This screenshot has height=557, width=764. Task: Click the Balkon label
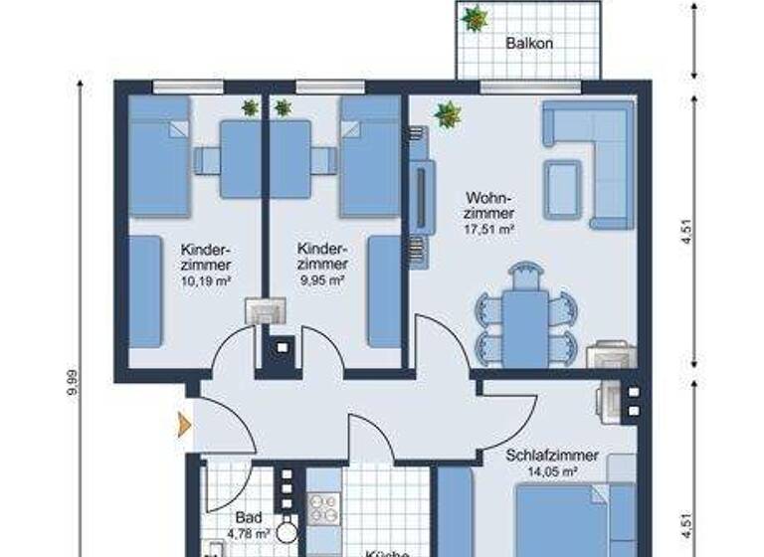(x=528, y=44)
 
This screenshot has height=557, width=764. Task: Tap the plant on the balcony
(x=475, y=18)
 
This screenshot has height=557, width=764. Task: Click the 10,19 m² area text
(x=206, y=280)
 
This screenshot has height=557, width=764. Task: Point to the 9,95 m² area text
(x=322, y=280)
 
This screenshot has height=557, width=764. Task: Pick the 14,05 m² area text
(x=551, y=472)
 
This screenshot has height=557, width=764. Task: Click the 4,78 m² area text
(x=249, y=534)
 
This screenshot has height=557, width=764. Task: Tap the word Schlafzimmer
(x=552, y=456)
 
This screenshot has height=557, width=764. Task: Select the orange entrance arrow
(x=184, y=425)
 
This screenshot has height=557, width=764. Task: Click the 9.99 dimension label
(x=72, y=384)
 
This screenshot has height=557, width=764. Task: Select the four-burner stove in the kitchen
(x=323, y=508)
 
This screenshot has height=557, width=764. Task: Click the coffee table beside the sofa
(x=563, y=189)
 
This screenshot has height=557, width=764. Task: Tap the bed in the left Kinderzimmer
(x=158, y=157)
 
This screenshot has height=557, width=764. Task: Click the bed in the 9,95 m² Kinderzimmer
(x=370, y=157)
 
